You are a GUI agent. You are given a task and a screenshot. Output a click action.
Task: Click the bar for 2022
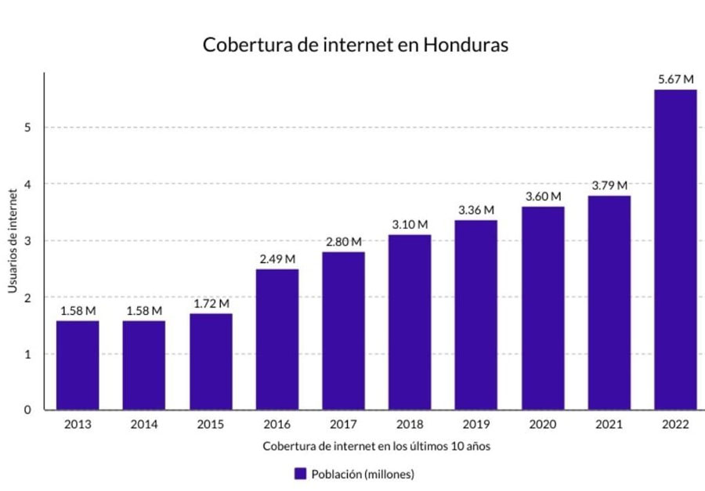(x=675, y=250)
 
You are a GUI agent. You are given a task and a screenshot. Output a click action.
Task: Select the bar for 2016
(x=277, y=339)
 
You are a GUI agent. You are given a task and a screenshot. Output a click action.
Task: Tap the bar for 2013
(x=78, y=365)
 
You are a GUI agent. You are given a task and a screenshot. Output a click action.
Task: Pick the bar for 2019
(x=475, y=315)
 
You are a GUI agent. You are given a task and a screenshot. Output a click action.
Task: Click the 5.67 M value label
(x=675, y=79)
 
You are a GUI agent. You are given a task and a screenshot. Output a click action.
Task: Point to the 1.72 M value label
(x=211, y=303)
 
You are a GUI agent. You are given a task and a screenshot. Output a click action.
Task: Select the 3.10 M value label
(x=410, y=225)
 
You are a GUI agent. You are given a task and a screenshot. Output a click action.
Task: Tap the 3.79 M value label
(x=609, y=186)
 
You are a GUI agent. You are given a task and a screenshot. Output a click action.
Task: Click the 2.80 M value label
(x=343, y=242)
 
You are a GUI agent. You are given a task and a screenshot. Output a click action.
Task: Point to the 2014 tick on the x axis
(x=144, y=424)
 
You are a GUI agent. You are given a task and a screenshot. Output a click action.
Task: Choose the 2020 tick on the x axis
(x=542, y=424)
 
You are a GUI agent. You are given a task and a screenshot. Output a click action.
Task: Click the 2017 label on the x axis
(x=343, y=424)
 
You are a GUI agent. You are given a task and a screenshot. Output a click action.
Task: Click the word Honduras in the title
(x=465, y=45)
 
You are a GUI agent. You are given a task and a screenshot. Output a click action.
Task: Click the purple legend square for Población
(x=300, y=474)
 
